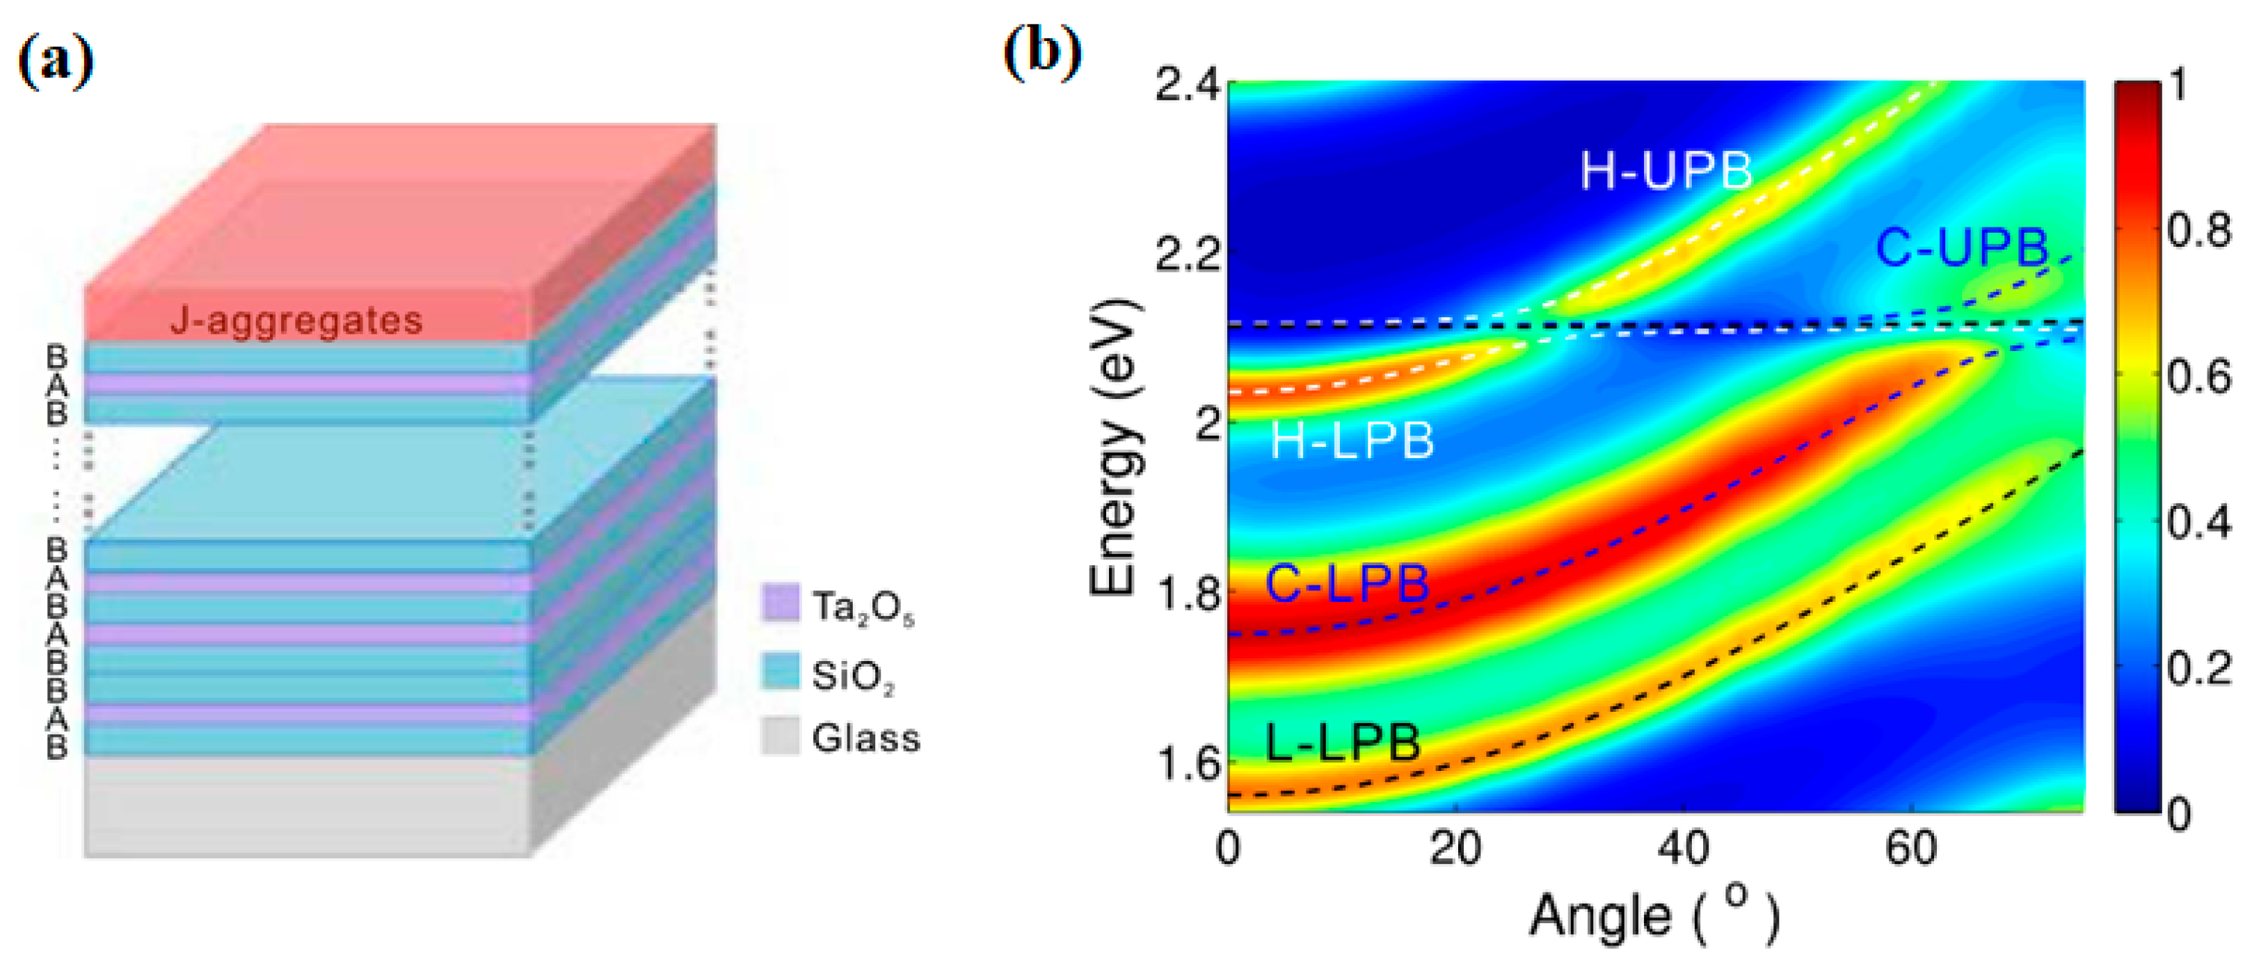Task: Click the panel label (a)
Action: click(x=55, y=62)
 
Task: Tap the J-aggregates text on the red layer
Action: click(x=296, y=320)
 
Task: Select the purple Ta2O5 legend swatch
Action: click(x=780, y=603)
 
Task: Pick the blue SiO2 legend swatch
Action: click(x=780, y=671)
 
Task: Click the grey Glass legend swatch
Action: click(x=780, y=735)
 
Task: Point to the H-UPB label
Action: click(x=1666, y=170)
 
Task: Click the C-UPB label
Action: click(x=1961, y=247)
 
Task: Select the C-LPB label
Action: click(x=1346, y=583)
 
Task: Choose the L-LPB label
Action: click(x=1342, y=742)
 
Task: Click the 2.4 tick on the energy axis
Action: click(x=1186, y=86)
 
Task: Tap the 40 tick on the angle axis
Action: click(x=1683, y=847)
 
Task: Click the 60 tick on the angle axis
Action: click(x=1911, y=847)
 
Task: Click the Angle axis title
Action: click(x=1652, y=916)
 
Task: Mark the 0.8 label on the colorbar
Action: click(x=2198, y=231)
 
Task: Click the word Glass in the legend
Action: click(x=865, y=738)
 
